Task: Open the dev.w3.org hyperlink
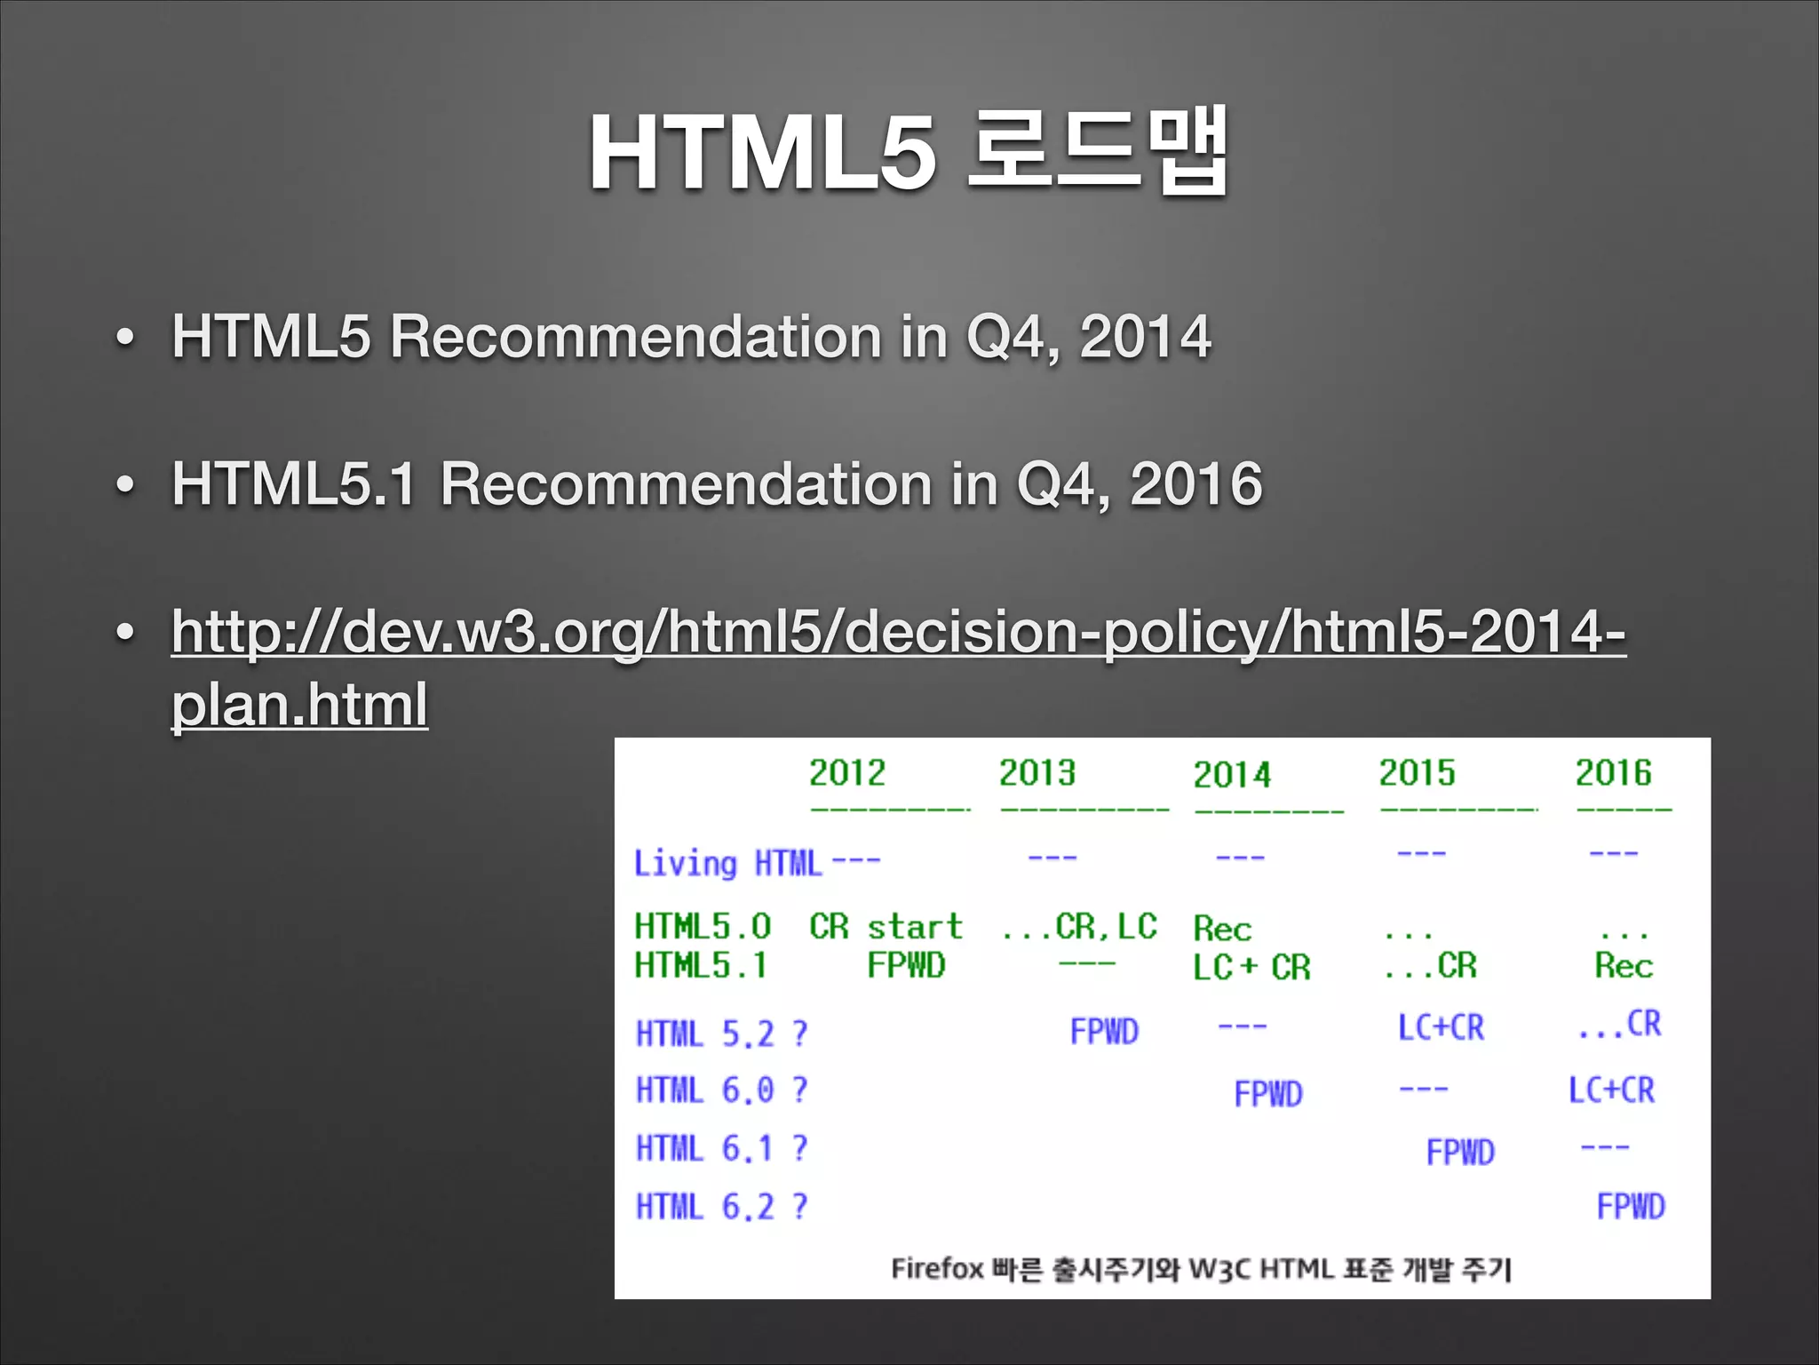click(897, 633)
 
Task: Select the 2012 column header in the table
click(846, 772)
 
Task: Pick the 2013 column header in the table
click(1037, 772)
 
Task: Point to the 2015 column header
click(1417, 772)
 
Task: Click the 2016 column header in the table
click(1613, 772)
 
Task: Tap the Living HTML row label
click(727, 863)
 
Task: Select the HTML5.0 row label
click(703, 926)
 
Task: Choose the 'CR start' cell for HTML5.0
click(886, 926)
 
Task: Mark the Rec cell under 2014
click(1222, 929)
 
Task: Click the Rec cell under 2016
click(1623, 966)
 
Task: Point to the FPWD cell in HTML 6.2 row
click(1631, 1207)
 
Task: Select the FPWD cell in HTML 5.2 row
click(1104, 1032)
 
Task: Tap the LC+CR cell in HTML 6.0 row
click(1611, 1090)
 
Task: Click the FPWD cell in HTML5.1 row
click(906, 965)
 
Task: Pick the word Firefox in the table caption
click(936, 1268)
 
